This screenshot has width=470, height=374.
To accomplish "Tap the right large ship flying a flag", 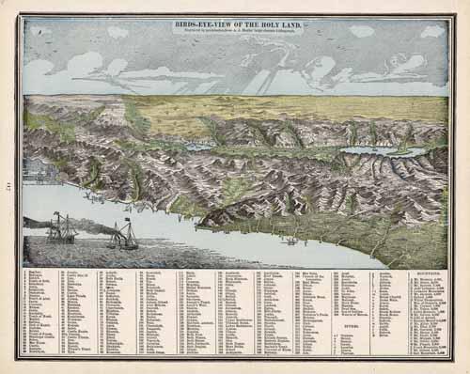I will (123, 238).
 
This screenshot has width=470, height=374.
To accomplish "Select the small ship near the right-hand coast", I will (291, 242).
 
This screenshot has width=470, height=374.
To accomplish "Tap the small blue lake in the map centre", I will (198, 148).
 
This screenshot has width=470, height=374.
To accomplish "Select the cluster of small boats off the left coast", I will (94, 196).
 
